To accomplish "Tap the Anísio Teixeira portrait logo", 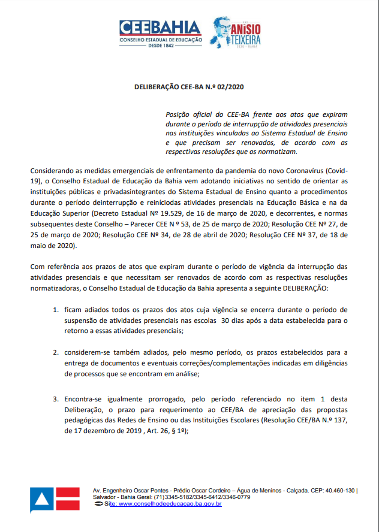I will click(x=224, y=32).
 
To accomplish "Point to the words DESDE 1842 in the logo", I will click(x=160, y=46).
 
